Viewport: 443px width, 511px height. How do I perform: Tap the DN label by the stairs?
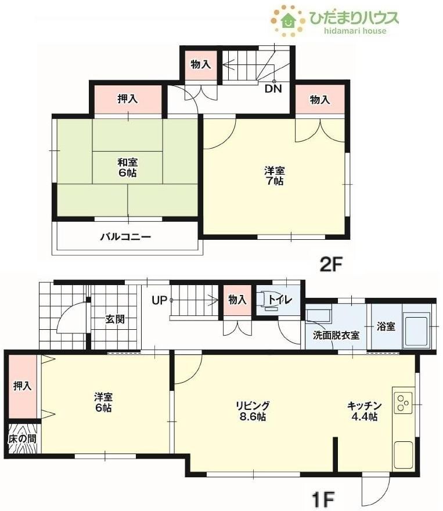[x=273, y=89]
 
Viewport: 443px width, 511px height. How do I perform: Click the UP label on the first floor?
[x=159, y=300]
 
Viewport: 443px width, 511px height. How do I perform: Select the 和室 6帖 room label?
[x=127, y=167]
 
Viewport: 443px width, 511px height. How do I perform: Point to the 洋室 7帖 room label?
[x=274, y=176]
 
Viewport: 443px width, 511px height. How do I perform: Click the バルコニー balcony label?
[x=125, y=236]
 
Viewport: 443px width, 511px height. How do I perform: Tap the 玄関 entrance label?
[x=115, y=319]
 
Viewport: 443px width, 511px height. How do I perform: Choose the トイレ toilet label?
[x=280, y=299]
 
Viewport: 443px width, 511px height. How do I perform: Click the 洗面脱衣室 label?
[x=336, y=335]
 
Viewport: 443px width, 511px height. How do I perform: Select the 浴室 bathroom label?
[x=386, y=326]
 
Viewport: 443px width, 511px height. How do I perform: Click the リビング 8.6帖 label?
[x=253, y=411]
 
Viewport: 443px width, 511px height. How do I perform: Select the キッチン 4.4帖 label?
[x=365, y=411]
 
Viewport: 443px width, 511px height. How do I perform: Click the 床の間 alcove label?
[x=22, y=438]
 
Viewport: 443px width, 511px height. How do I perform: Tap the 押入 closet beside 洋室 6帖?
[x=23, y=386]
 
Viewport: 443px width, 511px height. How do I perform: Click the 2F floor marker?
[x=330, y=265]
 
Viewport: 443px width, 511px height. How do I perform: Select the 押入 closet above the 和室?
[x=127, y=99]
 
